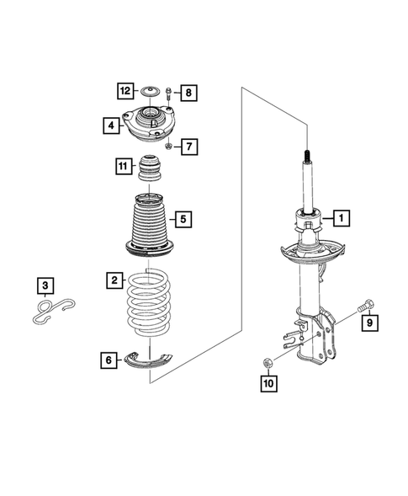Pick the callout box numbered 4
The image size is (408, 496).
[110, 126]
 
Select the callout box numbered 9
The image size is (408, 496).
[368, 320]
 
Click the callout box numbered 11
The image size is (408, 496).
[123, 167]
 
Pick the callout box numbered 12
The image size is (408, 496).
[125, 90]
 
